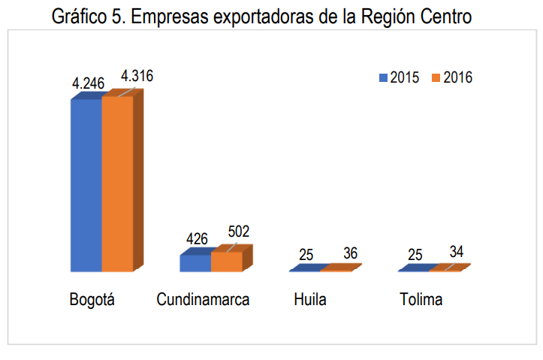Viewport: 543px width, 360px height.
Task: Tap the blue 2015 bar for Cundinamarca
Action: [x=195, y=262]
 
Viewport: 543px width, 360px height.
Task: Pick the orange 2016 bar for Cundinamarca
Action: [x=227, y=261]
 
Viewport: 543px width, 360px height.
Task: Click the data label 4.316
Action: [x=137, y=76]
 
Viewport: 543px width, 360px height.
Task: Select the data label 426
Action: [x=198, y=239]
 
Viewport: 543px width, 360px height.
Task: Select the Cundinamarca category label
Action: [x=203, y=300]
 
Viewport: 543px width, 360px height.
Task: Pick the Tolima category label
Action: [x=421, y=300]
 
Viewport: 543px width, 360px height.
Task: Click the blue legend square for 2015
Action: [x=384, y=77]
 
